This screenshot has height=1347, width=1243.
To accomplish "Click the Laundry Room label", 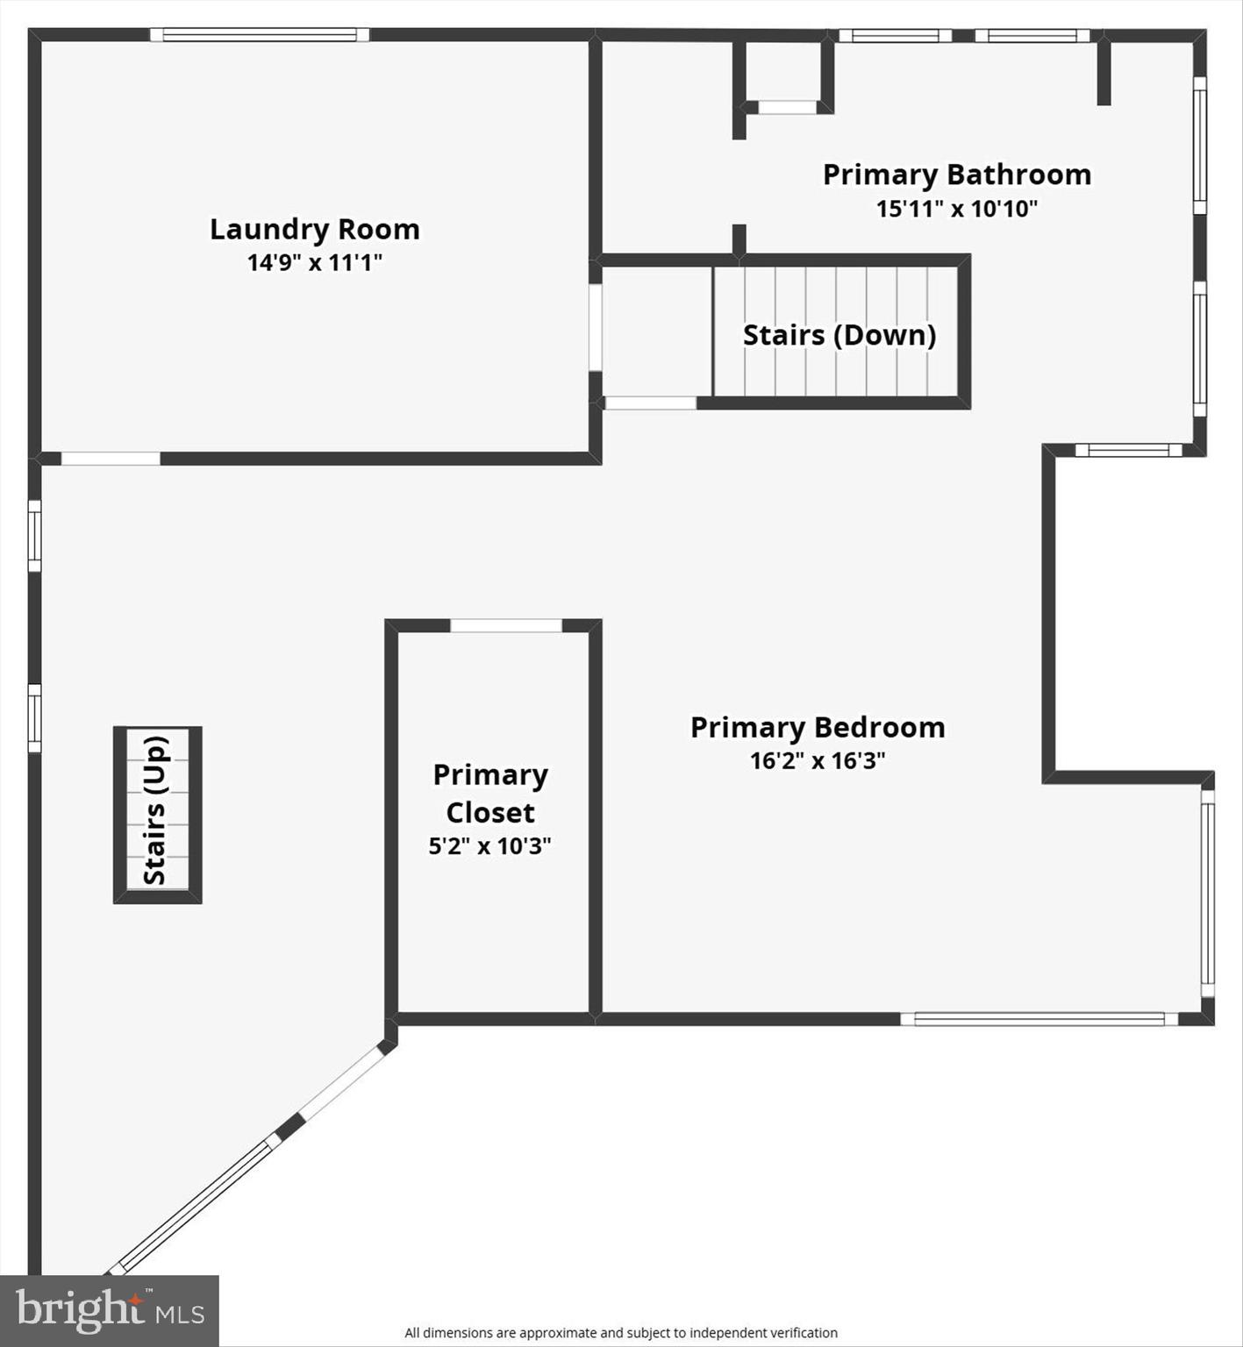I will [x=314, y=230].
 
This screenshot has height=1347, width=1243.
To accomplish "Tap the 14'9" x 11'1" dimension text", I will [x=314, y=262].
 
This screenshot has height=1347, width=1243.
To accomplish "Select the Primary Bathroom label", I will [x=956, y=175].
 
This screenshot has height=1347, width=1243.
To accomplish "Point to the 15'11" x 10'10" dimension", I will [x=956, y=209].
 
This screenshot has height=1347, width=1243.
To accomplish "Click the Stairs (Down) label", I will [x=839, y=335].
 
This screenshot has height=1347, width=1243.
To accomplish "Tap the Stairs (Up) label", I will [x=155, y=810].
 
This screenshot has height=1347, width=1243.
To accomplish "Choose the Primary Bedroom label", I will [x=817, y=727].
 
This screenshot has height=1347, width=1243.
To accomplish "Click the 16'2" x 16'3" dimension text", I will [x=817, y=760].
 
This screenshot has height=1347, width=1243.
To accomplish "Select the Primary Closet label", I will [x=489, y=794].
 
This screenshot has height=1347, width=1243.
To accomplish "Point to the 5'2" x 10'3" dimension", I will [x=489, y=846].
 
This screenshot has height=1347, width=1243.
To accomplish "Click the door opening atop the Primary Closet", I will [x=506, y=625].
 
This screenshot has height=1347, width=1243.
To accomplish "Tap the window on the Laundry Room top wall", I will [x=260, y=35].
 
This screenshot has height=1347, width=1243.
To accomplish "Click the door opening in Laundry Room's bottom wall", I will [x=111, y=458].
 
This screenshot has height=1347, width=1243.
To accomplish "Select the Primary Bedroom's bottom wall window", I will [x=1039, y=1019].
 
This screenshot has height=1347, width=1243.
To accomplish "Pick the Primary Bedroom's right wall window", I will [x=1208, y=894].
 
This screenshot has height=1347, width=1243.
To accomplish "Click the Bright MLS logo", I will [x=109, y=1310].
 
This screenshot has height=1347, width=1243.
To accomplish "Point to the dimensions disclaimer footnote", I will [x=620, y=1333].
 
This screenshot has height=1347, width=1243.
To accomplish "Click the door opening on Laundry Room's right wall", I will [x=595, y=327].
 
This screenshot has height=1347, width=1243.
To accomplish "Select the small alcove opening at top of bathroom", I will [x=787, y=107].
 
